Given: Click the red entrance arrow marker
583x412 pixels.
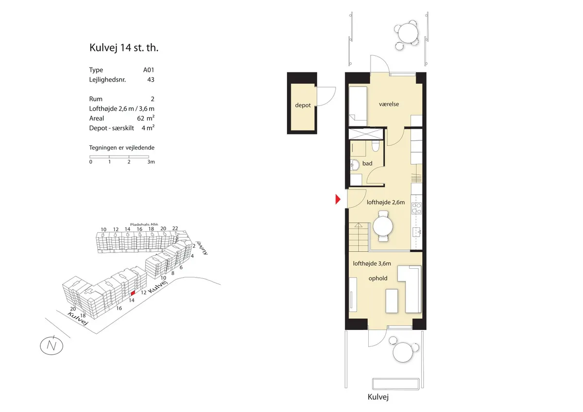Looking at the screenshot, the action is [x=338, y=199].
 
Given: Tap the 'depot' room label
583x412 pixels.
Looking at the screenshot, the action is [x=303, y=105].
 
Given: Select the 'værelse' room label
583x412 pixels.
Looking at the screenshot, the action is [x=389, y=104].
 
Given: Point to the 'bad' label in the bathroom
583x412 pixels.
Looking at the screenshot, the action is [x=367, y=163].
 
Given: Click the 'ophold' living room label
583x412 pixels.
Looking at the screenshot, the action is [x=378, y=278].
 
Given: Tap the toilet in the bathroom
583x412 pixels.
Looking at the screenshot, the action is [x=376, y=146].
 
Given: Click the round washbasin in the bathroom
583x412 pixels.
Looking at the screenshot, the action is [x=355, y=165].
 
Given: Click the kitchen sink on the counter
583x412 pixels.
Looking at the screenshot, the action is [x=417, y=232].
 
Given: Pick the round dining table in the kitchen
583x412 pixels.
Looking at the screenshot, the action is [x=383, y=226].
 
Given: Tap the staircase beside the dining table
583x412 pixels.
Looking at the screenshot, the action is [x=359, y=237].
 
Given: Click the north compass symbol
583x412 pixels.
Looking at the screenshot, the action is [x=51, y=346].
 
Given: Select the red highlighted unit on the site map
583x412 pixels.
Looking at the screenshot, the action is [x=133, y=293].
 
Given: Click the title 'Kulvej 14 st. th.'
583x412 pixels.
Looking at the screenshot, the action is [x=124, y=48].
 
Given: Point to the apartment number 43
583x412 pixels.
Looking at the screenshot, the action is [x=151, y=80].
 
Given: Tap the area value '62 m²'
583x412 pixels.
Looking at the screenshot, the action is [x=146, y=118].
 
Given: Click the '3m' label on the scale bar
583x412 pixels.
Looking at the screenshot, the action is [x=151, y=162].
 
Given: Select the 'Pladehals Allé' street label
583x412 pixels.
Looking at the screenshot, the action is [x=144, y=224].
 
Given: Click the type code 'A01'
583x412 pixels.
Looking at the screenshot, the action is [x=149, y=70].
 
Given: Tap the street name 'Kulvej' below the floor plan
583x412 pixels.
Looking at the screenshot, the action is [x=378, y=397].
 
